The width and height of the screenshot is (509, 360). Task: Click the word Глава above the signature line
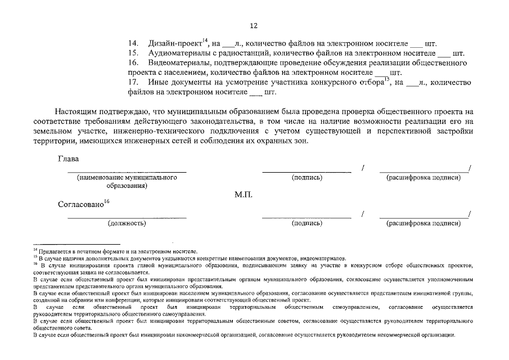tap(69, 159)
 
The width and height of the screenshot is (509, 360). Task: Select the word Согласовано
tap(80, 205)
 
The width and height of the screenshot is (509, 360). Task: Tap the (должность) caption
tap(127, 223)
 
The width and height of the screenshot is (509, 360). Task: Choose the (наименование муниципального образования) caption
tap(127, 181)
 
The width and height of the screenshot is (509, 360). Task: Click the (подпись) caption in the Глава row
tap(307, 177)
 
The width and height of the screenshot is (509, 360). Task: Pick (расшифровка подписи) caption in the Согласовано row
tap(424, 223)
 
